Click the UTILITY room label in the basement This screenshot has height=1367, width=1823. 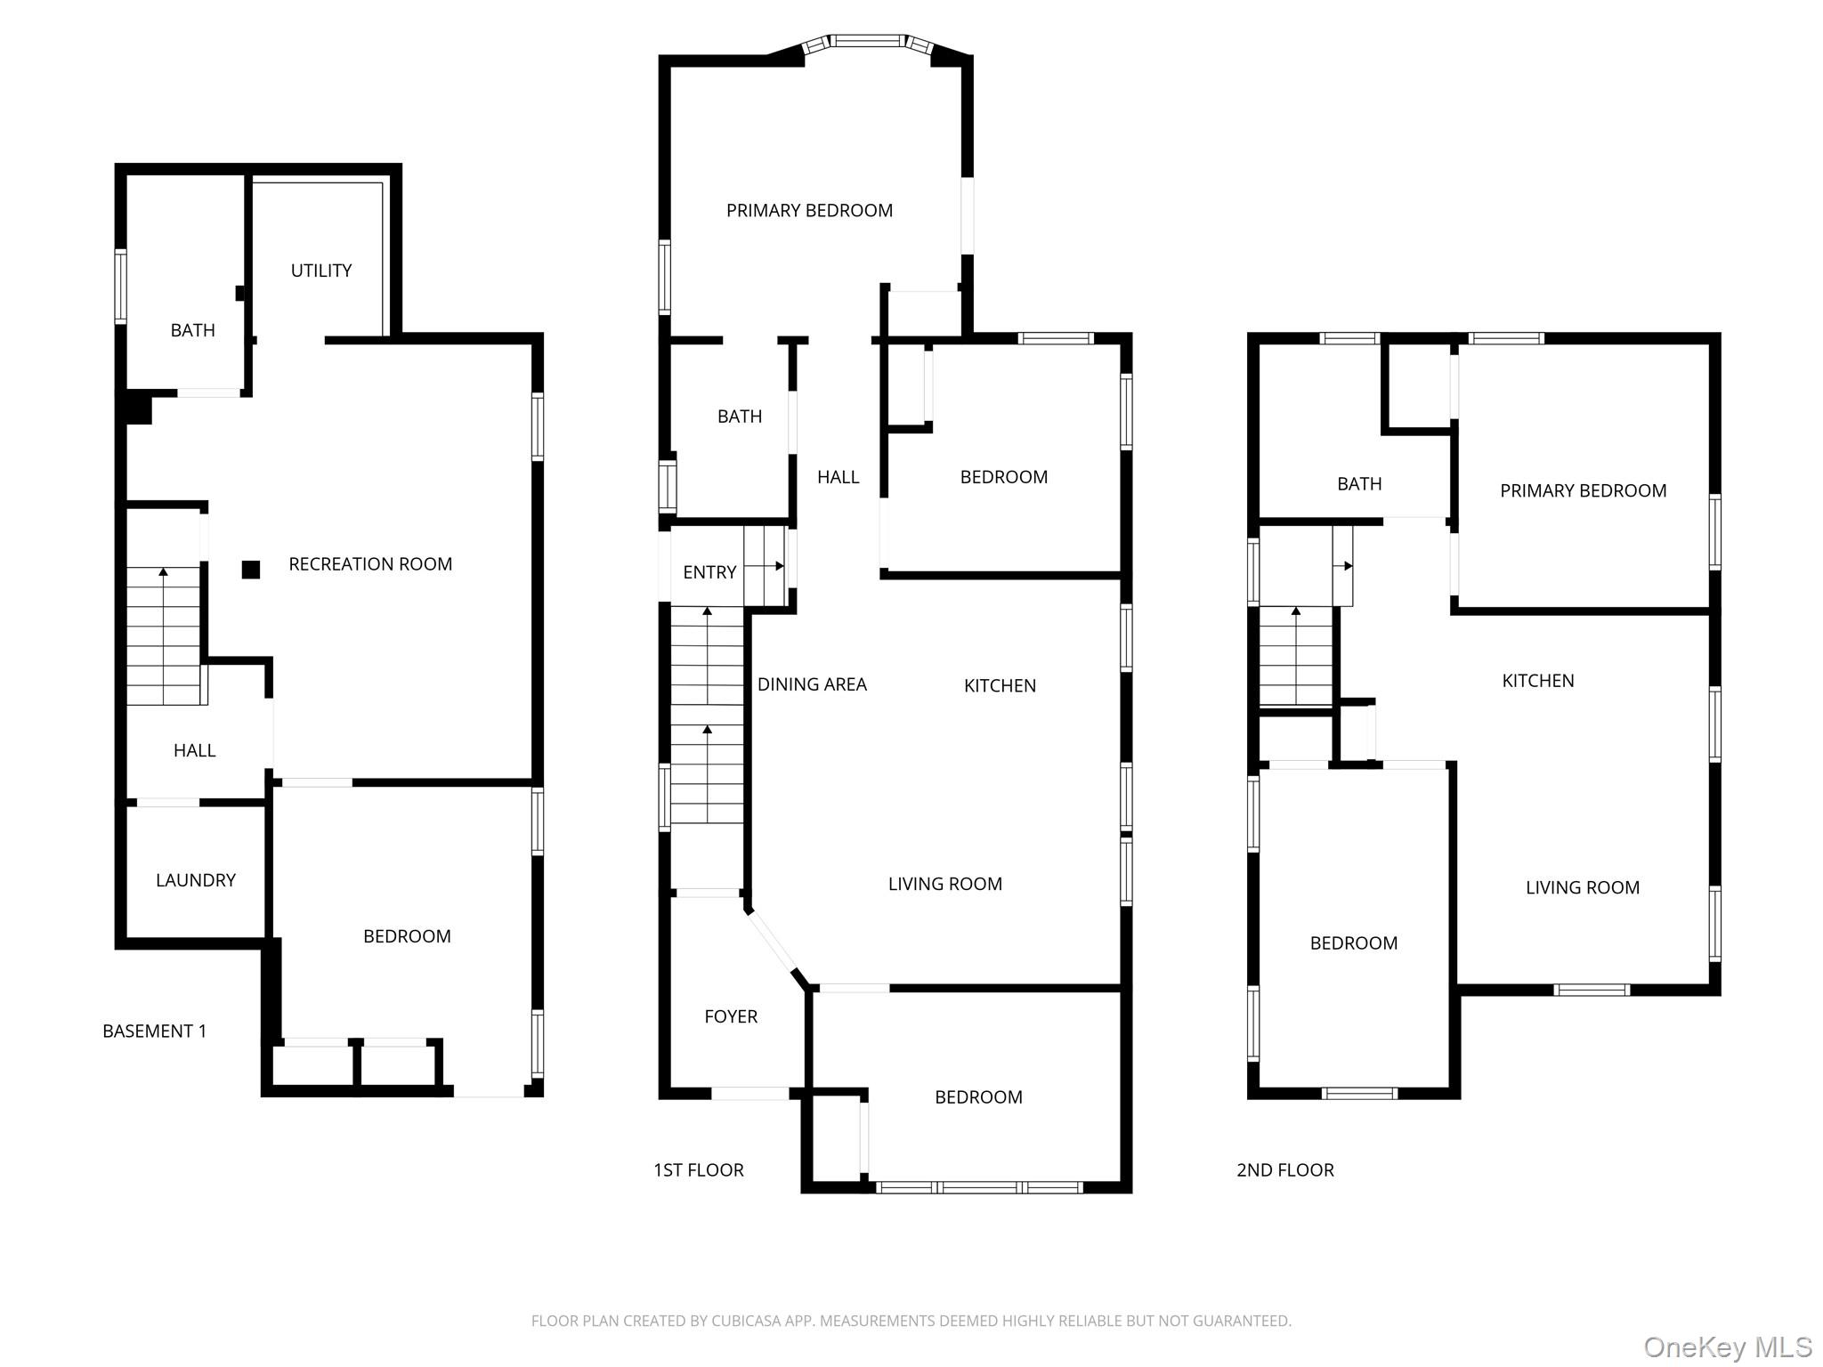321,271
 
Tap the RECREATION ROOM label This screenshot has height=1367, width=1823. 370,564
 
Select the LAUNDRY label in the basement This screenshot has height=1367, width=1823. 196,880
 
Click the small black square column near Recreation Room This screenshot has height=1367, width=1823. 251,570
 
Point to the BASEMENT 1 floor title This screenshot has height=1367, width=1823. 154,1031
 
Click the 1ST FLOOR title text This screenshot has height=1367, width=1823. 699,1170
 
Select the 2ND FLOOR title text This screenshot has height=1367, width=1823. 1285,1170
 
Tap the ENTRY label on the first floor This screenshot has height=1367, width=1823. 709,572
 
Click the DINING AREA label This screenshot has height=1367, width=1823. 812,684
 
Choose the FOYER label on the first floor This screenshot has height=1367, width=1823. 731,1016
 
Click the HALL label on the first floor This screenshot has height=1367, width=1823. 839,477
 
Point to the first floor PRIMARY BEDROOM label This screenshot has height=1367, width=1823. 809,211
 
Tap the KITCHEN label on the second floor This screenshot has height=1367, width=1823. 1538,681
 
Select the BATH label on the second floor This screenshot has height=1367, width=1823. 1359,484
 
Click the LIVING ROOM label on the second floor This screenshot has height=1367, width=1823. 1583,887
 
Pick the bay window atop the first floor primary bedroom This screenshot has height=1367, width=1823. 868,41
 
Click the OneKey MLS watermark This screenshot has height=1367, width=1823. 1728,1347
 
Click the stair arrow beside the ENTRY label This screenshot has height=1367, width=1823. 778,566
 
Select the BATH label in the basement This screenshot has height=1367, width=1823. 193,330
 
